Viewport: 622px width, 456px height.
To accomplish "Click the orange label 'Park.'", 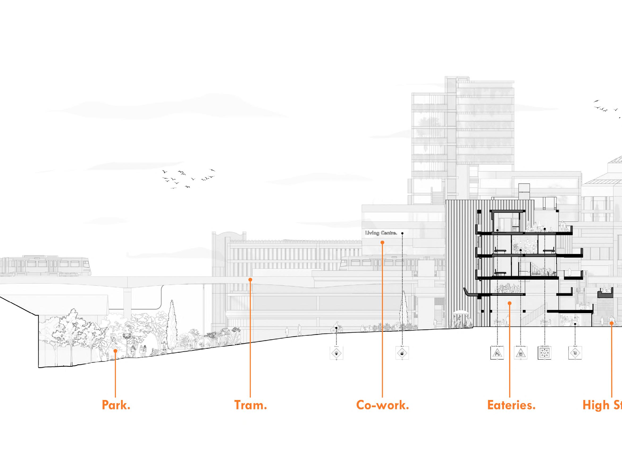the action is tap(116, 405).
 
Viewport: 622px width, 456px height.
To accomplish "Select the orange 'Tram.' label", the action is tap(250, 405).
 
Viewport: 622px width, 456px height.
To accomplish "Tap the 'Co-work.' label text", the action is tap(383, 405).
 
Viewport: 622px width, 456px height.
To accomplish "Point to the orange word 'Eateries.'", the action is tap(511, 405).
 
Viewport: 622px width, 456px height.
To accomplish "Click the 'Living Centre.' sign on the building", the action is tap(381, 233).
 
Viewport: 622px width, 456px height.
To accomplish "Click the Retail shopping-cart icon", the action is tap(575, 353).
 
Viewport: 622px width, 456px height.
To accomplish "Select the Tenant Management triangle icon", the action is tap(497, 353).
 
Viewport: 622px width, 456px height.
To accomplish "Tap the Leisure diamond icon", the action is tap(337, 353).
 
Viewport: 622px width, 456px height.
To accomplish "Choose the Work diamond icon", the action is tap(402, 353).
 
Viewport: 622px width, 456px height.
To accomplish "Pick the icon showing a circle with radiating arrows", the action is tap(544, 353).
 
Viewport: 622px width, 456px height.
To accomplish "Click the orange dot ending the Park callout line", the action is tap(115, 351).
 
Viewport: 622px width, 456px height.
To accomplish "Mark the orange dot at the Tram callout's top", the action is tap(250, 280).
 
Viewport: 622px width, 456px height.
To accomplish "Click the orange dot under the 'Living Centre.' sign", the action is tap(382, 242).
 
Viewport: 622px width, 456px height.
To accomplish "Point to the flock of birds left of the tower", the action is tap(188, 178).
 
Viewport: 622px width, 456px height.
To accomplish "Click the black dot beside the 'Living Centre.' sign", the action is tap(402, 233).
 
